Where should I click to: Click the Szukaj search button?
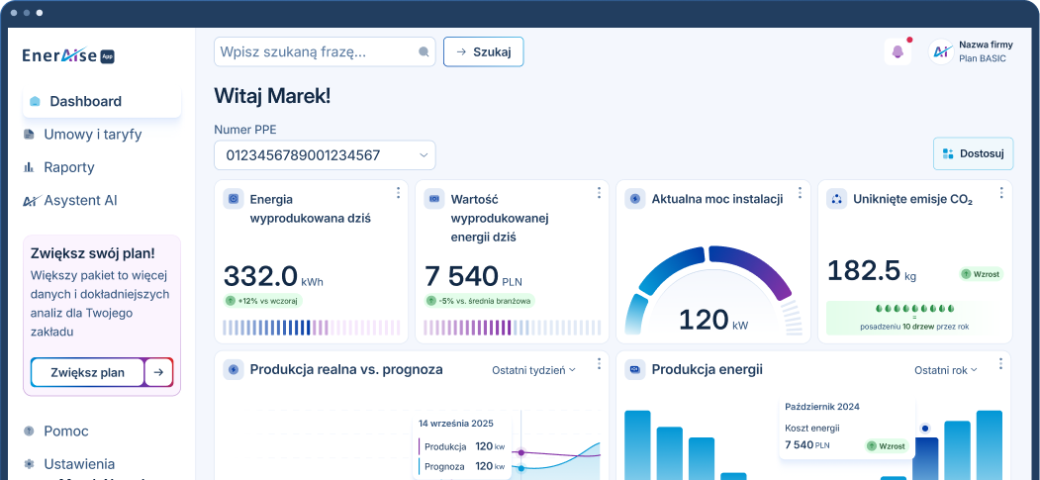[483, 51]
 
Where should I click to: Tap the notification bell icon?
[898, 52]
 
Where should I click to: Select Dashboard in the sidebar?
[85, 101]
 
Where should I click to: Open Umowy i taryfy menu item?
[92, 134]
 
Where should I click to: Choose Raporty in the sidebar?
[69, 167]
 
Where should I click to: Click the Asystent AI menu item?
[80, 200]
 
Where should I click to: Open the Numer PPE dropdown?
[325, 155]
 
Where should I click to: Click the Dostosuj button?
[973, 153]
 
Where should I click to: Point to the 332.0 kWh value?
[260, 274]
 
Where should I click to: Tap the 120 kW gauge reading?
[711, 320]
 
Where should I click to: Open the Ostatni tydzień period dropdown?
[533, 370]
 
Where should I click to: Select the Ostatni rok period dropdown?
[945, 370]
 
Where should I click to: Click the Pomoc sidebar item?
[66, 432]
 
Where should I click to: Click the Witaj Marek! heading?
[272, 96]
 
